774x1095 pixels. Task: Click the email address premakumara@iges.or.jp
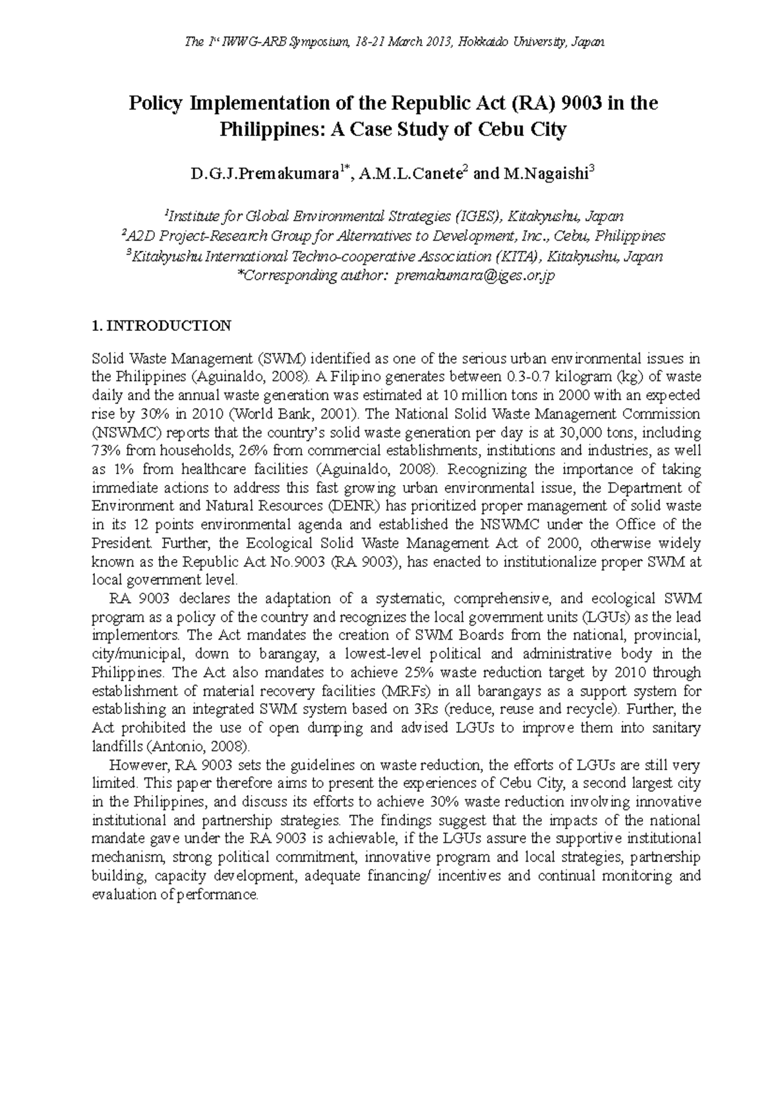[x=475, y=276]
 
